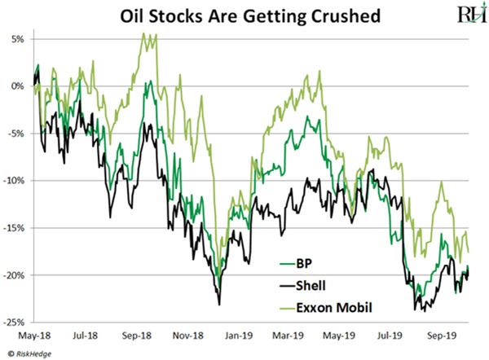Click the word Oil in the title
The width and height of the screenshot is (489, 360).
[x=134, y=15]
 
